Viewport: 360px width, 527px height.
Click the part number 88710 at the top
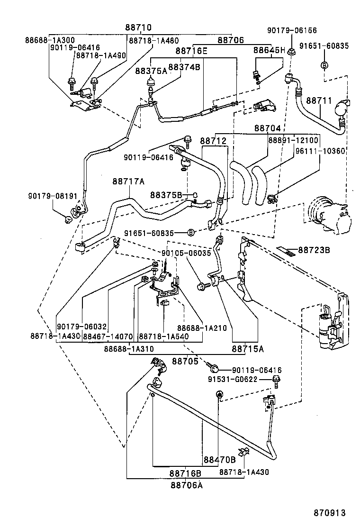138,28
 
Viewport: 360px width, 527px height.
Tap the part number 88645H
269,50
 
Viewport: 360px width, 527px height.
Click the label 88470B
220,459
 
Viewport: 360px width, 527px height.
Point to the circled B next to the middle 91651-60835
190,233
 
